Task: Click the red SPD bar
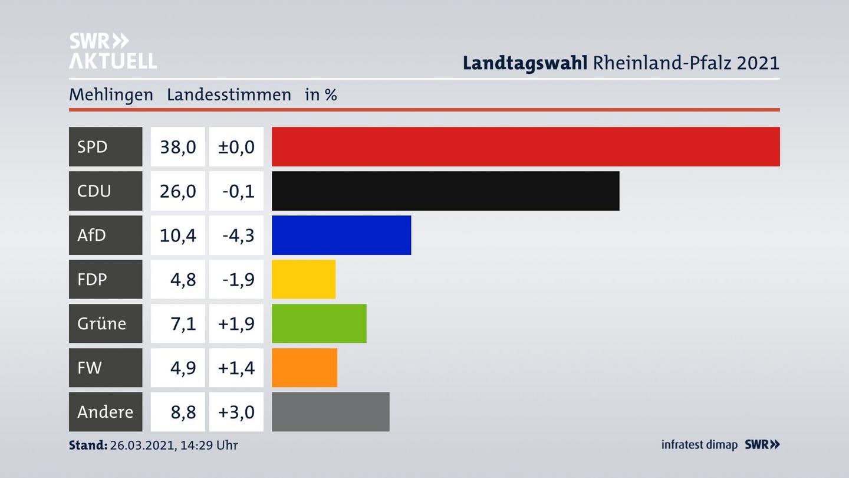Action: point(525,146)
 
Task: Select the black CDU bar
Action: point(445,191)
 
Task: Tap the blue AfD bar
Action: point(341,235)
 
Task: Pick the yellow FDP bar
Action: point(303,279)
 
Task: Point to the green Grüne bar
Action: point(318,323)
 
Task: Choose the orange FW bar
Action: point(304,368)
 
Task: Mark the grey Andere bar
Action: point(330,412)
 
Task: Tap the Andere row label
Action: point(105,412)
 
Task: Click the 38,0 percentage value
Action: point(177,146)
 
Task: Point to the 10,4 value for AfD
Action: point(177,235)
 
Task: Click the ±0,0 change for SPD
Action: point(236,146)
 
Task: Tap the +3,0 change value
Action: point(236,412)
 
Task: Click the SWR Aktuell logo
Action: point(113,51)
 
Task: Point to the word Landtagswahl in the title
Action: point(525,63)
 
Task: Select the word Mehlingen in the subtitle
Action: point(111,94)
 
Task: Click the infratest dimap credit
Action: point(699,445)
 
